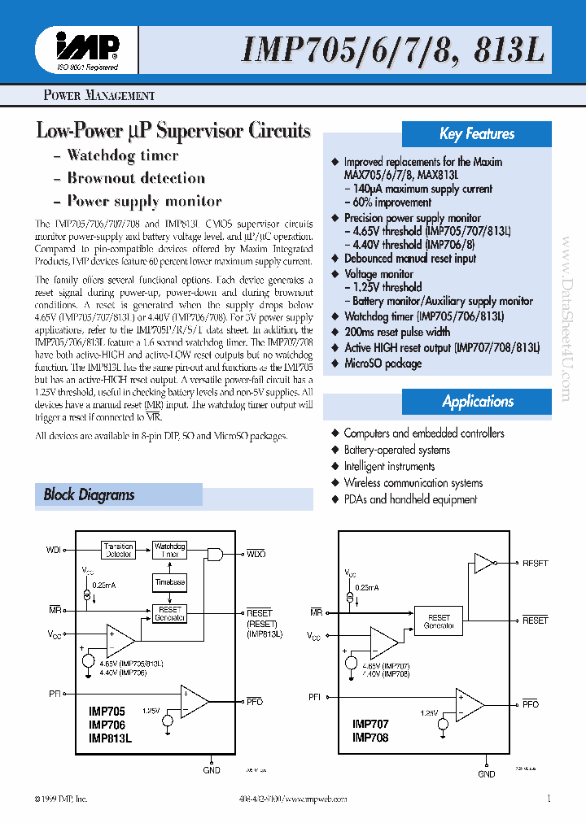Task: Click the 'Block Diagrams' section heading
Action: [x=90, y=494]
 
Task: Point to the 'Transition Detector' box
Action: [x=119, y=550]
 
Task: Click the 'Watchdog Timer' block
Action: [x=170, y=550]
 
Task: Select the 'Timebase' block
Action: [x=170, y=582]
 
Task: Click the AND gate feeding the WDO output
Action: [x=215, y=554]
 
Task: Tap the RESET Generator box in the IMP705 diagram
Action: [x=170, y=613]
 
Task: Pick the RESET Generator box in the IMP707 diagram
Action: [x=438, y=621]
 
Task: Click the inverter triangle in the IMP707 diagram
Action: [x=483, y=563]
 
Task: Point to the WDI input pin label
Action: [x=54, y=551]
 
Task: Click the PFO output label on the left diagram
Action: [x=254, y=701]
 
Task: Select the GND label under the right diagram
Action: [x=486, y=774]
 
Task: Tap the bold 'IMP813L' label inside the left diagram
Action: [x=110, y=738]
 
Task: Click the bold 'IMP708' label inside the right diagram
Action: [x=370, y=738]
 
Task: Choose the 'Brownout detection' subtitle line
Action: [x=135, y=178]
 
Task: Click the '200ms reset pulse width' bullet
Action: [x=396, y=333]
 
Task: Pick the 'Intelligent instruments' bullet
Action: [x=389, y=467]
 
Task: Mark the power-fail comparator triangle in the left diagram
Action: [x=194, y=701]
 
